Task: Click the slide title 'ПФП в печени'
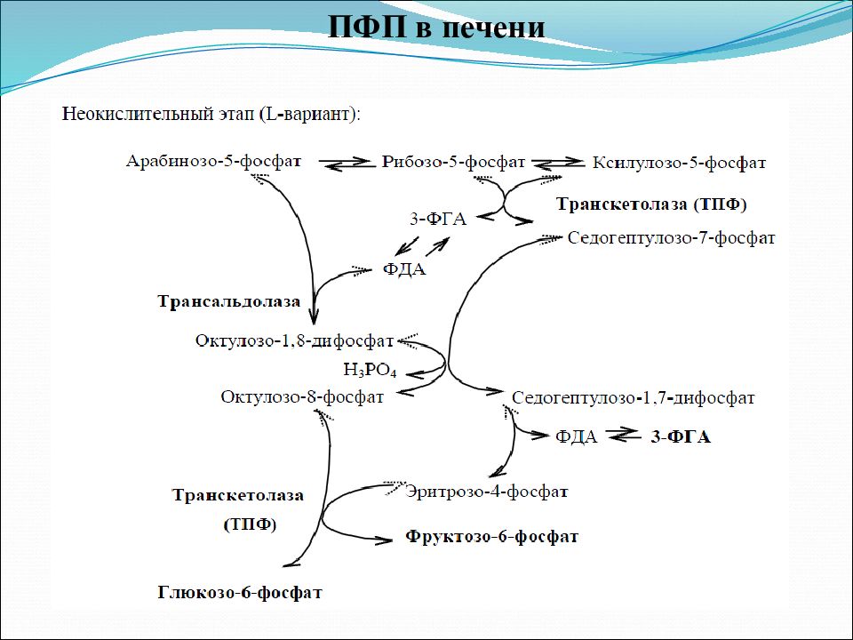(436, 27)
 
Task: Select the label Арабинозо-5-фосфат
(213, 162)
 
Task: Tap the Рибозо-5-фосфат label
(454, 162)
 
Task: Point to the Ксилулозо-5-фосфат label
(679, 162)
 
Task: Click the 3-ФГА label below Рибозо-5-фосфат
(438, 219)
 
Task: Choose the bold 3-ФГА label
(681, 437)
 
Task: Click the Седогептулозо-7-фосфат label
(672, 238)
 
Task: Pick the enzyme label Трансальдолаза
(229, 301)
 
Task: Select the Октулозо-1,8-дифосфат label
(294, 340)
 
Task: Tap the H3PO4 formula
(370, 370)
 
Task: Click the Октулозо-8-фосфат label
(302, 396)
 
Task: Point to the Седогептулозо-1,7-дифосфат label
(634, 398)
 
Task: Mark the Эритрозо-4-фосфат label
(487, 492)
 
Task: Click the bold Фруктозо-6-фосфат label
(491, 537)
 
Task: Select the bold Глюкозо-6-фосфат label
(240, 592)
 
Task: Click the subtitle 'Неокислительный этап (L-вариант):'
(211, 115)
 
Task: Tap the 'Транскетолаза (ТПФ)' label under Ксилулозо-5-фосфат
(651, 204)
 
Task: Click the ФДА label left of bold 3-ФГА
(577, 436)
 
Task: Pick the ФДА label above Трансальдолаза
(404, 268)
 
